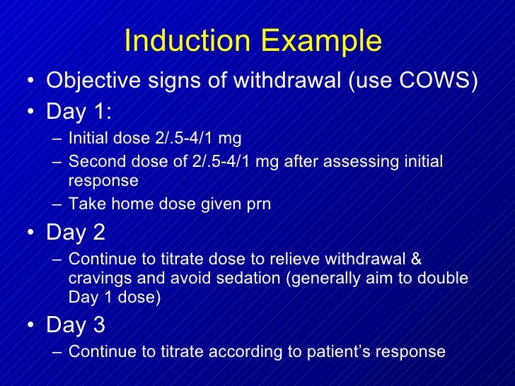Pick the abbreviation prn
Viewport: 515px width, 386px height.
(257, 204)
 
